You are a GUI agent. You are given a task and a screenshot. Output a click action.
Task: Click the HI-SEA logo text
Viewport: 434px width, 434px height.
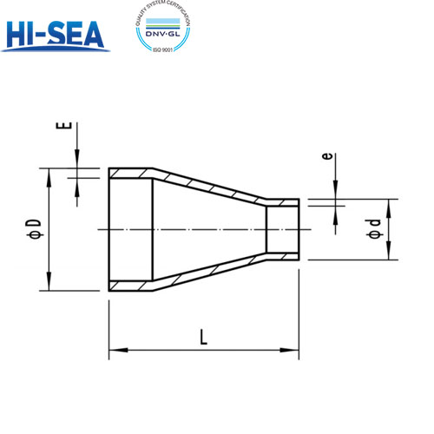[x=54, y=33]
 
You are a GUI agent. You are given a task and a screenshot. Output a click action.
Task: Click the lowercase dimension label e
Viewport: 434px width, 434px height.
[x=326, y=156]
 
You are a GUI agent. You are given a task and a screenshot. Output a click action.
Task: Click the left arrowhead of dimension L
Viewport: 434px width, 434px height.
[x=114, y=351]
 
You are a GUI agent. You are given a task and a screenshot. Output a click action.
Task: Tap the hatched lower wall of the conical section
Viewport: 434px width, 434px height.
[x=208, y=272]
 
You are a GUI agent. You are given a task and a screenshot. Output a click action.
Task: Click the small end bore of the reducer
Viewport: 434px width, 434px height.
[x=282, y=229]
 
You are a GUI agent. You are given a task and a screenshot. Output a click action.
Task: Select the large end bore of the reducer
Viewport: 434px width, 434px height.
[x=130, y=229]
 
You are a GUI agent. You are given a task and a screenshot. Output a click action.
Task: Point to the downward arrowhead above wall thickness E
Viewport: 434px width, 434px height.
[x=77, y=161]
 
